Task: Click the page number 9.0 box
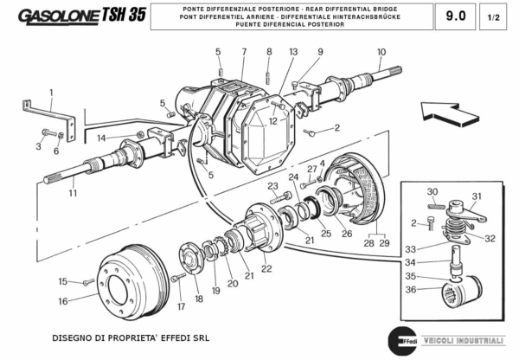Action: point(454,16)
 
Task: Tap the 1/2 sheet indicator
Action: point(493,16)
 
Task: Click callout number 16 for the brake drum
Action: point(62,302)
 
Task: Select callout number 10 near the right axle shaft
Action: point(381,52)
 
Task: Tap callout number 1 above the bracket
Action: point(51,92)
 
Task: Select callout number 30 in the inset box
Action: point(432,191)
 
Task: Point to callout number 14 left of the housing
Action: point(101,138)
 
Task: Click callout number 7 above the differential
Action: point(244,52)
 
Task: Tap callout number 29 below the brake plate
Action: point(384,245)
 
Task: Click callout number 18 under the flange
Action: point(199,299)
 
